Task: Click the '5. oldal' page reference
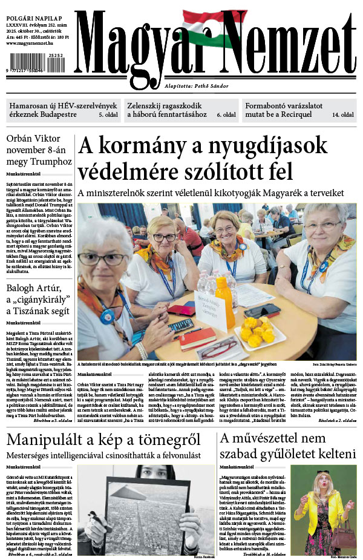click(x=110, y=114)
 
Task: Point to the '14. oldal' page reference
click(x=343, y=114)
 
